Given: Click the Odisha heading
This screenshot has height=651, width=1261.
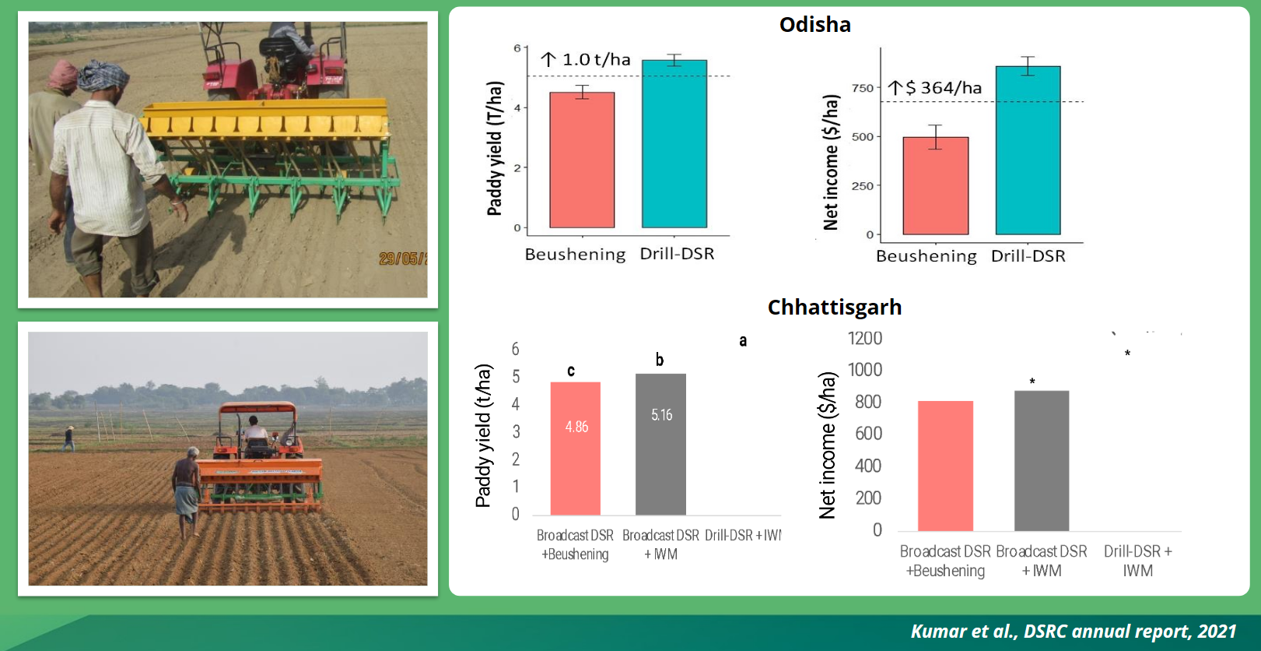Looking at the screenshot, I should click(x=814, y=25).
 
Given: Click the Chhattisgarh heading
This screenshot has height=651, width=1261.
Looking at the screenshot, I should click(x=834, y=308).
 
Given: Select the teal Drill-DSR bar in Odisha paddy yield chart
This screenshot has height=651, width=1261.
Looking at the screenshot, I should click(x=674, y=144).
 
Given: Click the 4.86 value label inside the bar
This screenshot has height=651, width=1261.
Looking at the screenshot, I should click(x=576, y=427).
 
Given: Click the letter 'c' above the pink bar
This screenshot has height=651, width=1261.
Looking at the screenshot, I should click(x=571, y=371).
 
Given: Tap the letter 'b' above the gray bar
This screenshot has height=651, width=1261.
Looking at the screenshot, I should click(x=660, y=360).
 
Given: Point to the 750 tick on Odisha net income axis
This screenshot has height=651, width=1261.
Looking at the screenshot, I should click(x=863, y=88).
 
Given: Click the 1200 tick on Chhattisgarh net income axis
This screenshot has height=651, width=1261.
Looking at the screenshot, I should click(x=864, y=339).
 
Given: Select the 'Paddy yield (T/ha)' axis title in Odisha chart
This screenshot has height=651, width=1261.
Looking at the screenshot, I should click(x=495, y=148).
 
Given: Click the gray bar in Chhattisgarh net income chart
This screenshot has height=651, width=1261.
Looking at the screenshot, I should click(x=1041, y=461).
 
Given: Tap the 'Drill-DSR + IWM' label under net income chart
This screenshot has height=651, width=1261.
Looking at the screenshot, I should click(x=1137, y=561).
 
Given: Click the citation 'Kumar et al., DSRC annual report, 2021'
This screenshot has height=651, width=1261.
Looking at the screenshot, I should click(x=1073, y=631).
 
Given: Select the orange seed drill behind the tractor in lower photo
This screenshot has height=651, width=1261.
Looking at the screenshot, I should click(x=259, y=483).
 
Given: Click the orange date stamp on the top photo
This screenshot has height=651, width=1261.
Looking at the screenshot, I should click(x=402, y=259).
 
